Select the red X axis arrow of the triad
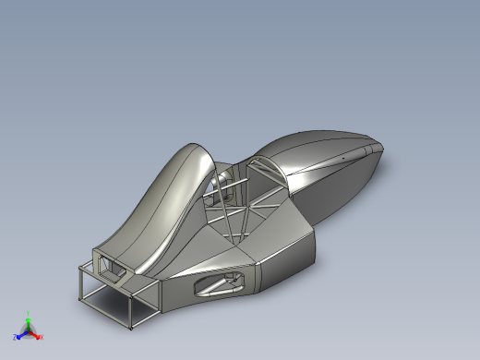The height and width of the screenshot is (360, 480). [36, 334]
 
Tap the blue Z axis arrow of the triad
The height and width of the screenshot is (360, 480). [22, 334]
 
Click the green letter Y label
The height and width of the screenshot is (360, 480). [29, 315]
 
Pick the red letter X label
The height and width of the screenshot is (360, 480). [42, 337]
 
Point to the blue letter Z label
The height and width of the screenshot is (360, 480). [16, 337]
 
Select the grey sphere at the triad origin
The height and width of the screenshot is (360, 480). [29, 331]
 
